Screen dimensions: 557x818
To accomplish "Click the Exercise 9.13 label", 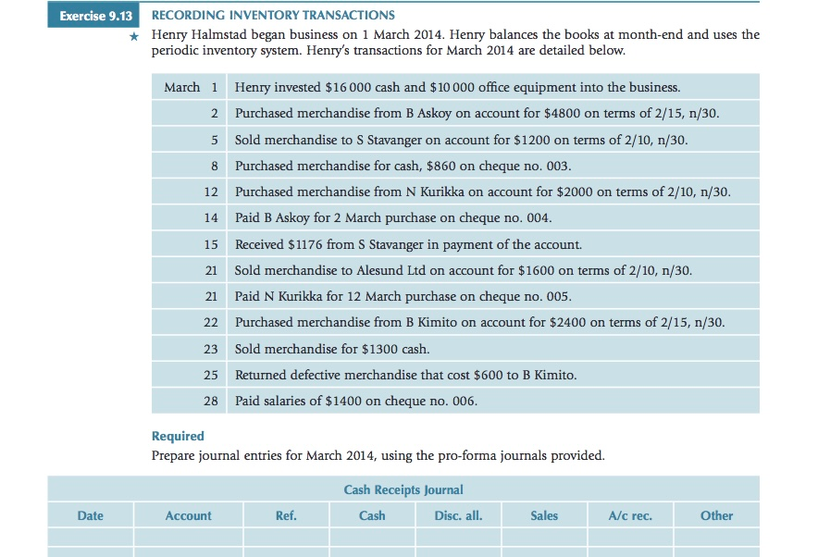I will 95,16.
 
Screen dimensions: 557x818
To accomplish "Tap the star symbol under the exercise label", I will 134,36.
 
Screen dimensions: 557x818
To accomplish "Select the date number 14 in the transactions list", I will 211,218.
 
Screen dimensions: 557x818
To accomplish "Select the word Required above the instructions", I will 178,436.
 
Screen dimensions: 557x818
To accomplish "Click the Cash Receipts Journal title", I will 403,489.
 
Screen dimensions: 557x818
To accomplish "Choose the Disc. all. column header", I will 458,515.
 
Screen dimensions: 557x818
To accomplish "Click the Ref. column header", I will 286,515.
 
